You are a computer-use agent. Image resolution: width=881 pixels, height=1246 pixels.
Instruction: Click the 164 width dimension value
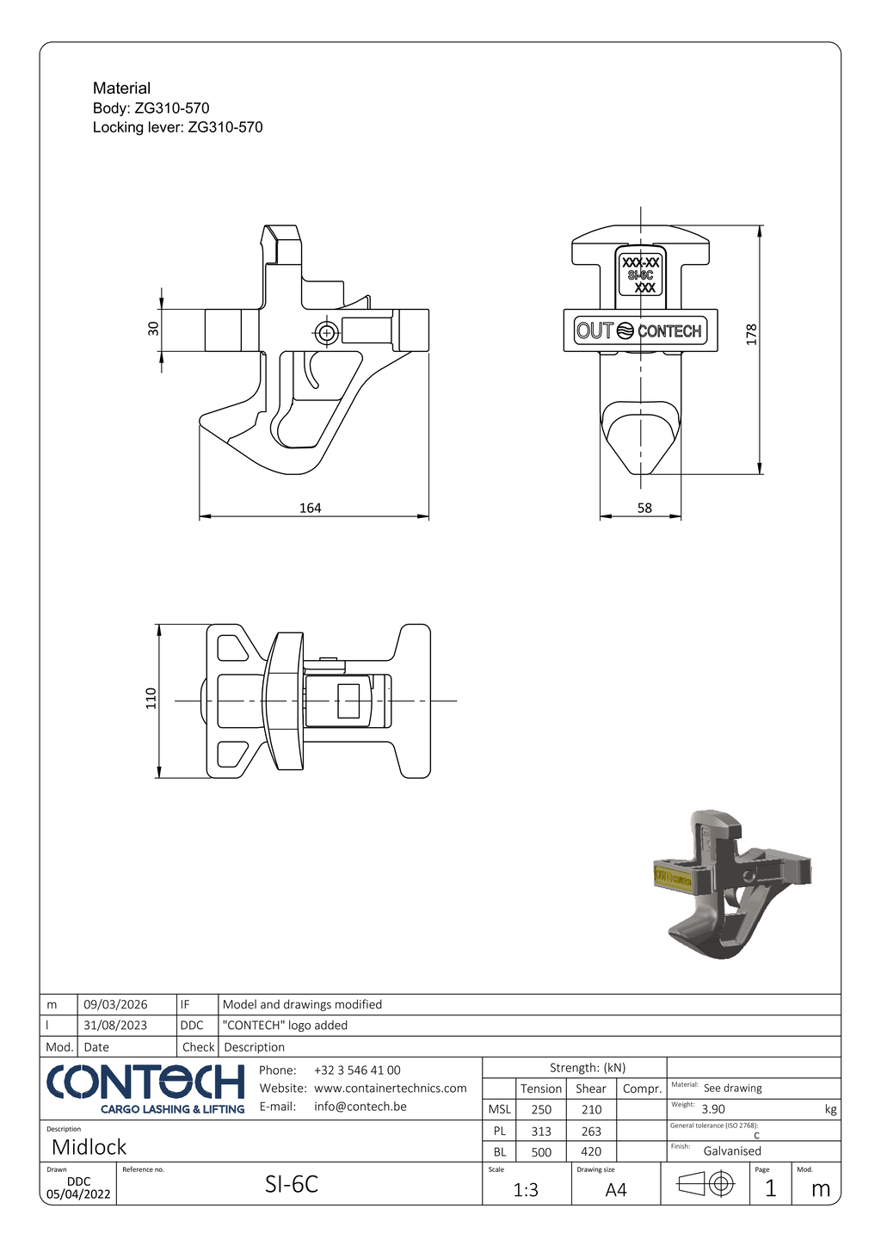pyautogui.click(x=310, y=508)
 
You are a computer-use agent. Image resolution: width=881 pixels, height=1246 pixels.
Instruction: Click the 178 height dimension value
pyautogui.click(x=751, y=334)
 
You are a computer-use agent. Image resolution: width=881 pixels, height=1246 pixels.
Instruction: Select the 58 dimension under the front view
pyautogui.click(x=644, y=508)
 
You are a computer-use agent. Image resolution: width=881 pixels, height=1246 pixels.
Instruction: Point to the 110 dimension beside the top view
pyautogui.click(x=151, y=697)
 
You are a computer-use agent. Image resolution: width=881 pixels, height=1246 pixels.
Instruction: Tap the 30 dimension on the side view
pyautogui.click(x=154, y=328)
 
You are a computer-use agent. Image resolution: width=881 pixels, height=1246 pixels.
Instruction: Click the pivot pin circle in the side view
pyautogui.click(x=326, y=333)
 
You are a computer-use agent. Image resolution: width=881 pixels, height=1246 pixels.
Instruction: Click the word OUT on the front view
pyautogui.click(x=595, y=330)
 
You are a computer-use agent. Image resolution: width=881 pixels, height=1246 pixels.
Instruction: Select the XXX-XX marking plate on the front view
pyautogui.click(x=641, y=274)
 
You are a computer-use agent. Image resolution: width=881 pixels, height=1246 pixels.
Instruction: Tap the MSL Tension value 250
pyautogui.click(x=541, y=1110)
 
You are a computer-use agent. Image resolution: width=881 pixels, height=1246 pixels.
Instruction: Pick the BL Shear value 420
pyautogui.click(x=591, y=1151)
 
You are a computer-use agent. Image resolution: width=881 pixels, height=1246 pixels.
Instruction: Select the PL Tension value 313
pyautogui.click(x=541, y=1131)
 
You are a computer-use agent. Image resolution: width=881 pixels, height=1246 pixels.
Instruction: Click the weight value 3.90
pyautogui.click(x=713, y=1109)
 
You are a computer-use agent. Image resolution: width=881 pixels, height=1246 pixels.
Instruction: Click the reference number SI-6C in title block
pyautogui.click(x=292, y=1185)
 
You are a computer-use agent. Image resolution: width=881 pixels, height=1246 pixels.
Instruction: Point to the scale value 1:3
pyautogui.click(x=526, y=1190)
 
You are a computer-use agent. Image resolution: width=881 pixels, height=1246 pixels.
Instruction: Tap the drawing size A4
pyautogui.click(x=616, y=1190)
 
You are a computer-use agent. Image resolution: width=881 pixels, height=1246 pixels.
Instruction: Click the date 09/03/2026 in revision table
pyautogui.click(x=116, y=1004)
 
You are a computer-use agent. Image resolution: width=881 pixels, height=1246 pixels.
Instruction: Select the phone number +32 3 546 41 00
pyautogui.click(x=357, y=1070)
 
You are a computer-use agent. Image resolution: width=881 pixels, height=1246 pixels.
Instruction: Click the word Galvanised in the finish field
pyautogui.click(x=732, y=1151)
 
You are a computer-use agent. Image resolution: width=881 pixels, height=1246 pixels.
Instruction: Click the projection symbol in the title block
pyautogui.click(x=705, y=1186)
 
